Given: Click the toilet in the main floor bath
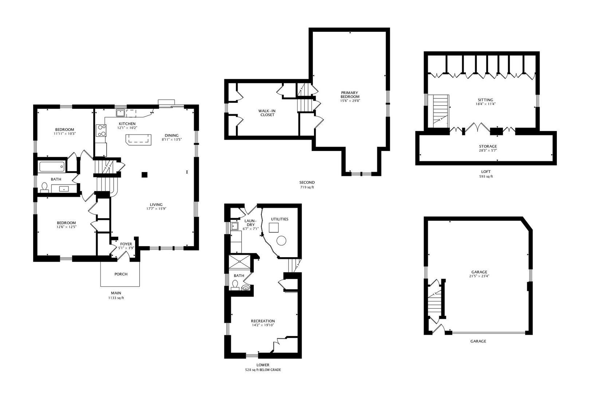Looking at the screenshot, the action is tap(44, 187).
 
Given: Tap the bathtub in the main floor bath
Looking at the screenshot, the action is tap(52, 166).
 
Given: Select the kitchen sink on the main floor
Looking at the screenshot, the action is tap(121, 113).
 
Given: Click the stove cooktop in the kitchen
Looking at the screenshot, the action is tap(101, 131).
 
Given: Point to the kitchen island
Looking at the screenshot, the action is tap(139, 140).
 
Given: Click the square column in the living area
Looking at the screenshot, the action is tap(144, 175).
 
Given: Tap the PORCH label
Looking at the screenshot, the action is tap(121, 274).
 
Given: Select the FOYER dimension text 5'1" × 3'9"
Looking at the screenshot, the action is tap(126, 248).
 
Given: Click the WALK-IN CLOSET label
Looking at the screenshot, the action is tap(267, 113).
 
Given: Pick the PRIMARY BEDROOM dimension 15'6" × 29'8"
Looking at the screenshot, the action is tap(350, 101).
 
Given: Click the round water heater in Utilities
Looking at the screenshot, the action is tap(281, 240).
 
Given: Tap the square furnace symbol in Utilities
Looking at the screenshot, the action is tap(274, 228).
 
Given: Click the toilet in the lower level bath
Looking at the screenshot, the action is tap(235, 285).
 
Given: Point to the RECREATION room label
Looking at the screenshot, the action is tap(263, 321).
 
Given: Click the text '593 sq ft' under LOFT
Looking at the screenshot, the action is tap(486, 177).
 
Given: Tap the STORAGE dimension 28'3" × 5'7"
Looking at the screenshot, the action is tap(488, 150).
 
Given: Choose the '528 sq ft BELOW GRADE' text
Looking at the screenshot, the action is tap(263, 370).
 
